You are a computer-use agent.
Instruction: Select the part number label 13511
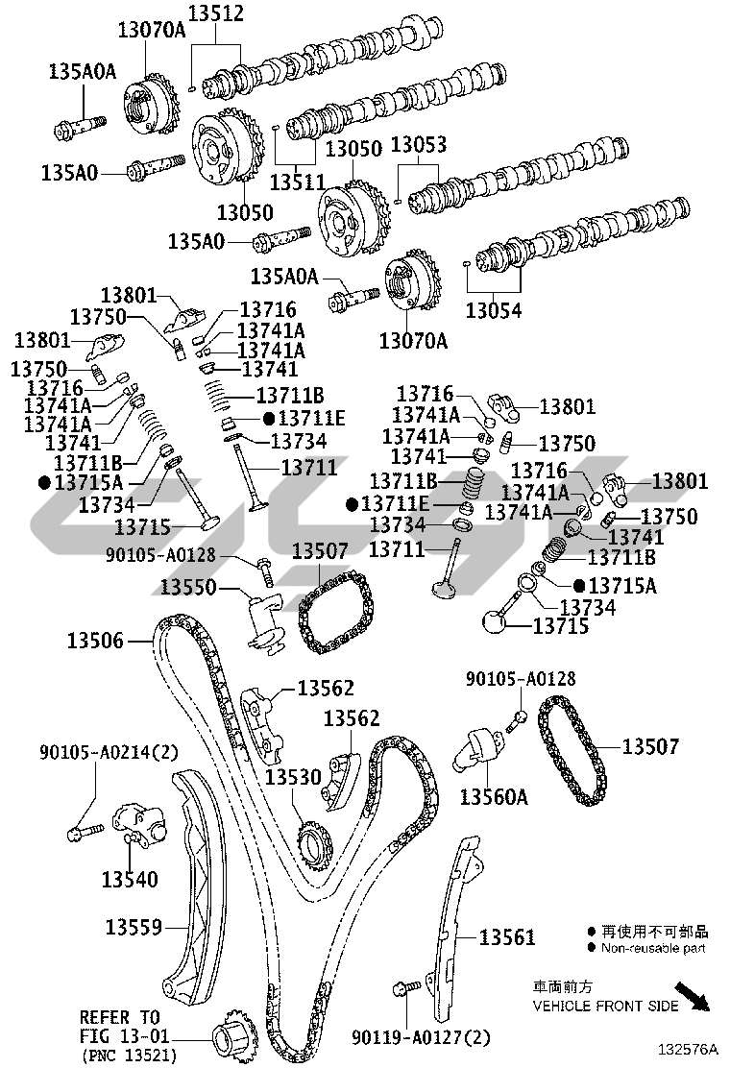pyautogui.click(x=299, y=180)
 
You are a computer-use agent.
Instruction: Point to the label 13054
pyautogui.click(x=494, y=310)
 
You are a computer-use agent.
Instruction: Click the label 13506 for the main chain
pyautogui.click(x=95, y=640)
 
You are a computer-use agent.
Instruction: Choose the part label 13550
pyautogui.click(x=188, y=587)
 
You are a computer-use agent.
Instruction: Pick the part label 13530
pyautogui.click(x=293, y=776)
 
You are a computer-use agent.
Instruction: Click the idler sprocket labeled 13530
pyautogui.click(x=312, y=846)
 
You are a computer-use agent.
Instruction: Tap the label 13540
pyautogui.click(x=130, y=878)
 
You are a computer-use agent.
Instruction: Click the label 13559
pyautogui.click(x=133, y=928)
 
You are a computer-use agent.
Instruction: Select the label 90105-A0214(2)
pyautogui.click(x=109, y=750)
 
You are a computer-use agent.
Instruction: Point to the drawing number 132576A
pyautogui.click(x=687, y=1050)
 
